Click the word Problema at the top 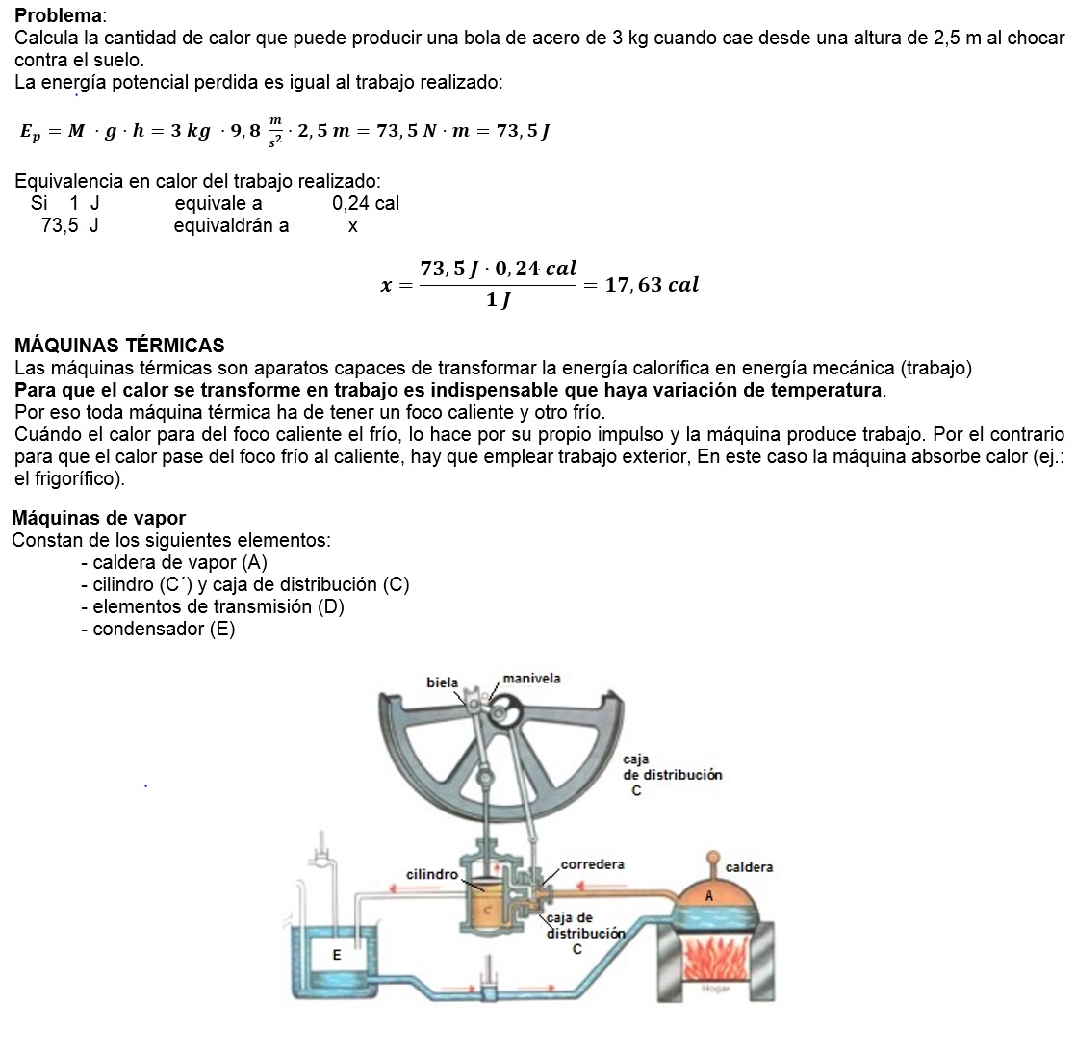click(x=57, y=16)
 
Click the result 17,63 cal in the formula click(x=652, y=285)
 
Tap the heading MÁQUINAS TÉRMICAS click(x=119, y=346)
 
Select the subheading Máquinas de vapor click(x=98, y=518)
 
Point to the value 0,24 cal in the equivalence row click(x=366, y=203)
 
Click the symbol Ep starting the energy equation click(x=32, y=132)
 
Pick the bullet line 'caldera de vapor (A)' click(x=174, y=562)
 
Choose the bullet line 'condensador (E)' click(x=158, y=629)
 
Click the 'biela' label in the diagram click(x=443, y=682)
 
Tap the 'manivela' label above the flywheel click(x=531, y=678)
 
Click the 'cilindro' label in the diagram click(x=432, y=874)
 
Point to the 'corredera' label click(x=592, y=864)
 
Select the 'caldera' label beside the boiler click(x=749, y=867)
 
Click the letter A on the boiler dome click(x=709, y=895)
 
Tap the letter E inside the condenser click(x=337, y=955)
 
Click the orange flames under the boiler click(x=714, y=959)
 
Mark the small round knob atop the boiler click(x=712, y=856)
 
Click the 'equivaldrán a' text click(x=231, y=226)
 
